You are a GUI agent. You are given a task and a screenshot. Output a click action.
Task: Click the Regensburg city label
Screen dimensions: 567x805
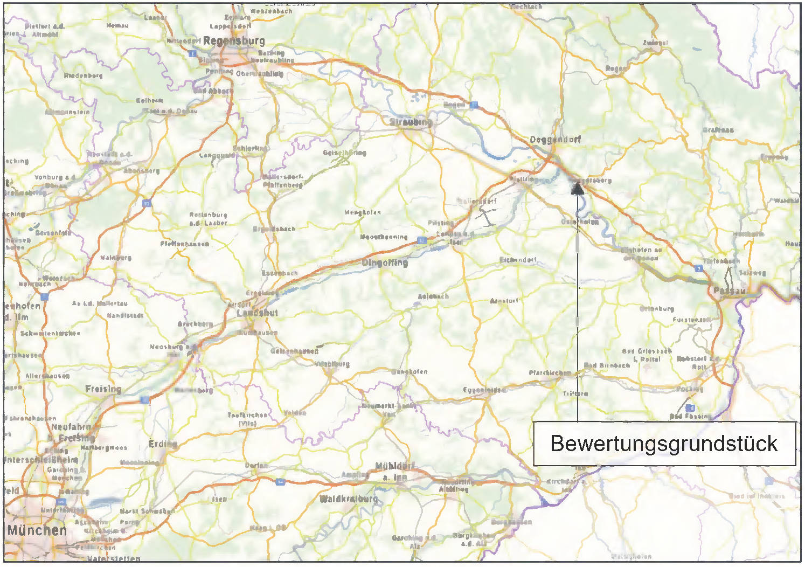pos(234,41)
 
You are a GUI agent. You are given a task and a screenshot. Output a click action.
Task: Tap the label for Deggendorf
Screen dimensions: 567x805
pos(555,140)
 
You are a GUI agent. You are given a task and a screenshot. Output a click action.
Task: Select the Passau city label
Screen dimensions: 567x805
pos(730,291)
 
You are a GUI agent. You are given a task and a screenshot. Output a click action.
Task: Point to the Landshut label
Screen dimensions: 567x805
pos(258,313)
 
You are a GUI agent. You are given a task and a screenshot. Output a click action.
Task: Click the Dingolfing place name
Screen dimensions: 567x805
pos(385,263)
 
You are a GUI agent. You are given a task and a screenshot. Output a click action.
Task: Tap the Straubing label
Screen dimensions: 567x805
pos(411,122)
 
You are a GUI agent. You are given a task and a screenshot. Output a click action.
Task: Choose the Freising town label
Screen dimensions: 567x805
pos(103,389)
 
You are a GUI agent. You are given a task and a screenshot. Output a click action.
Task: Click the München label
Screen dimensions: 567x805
pos(37,530)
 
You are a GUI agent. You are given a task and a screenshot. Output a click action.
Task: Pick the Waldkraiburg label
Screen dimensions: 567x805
pos(349,499)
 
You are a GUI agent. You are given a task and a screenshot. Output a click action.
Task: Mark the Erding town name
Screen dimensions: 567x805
pos(163,444)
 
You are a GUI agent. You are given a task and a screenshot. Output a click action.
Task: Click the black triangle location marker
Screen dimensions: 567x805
pos(577,189)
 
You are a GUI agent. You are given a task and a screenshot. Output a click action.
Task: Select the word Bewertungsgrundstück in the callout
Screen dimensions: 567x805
pos(664,444)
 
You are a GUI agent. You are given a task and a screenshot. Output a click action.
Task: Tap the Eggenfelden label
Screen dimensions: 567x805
pos(484,390)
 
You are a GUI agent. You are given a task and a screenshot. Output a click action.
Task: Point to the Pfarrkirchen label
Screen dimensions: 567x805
pos(550,373)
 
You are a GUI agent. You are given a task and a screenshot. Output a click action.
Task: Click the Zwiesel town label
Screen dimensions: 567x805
pos(655,43)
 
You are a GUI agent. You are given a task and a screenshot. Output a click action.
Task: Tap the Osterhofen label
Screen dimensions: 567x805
pos(580,222)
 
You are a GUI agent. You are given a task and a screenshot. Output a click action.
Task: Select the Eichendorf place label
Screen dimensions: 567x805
pos(518,260)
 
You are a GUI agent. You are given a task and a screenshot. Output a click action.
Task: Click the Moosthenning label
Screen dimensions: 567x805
pos(384,237)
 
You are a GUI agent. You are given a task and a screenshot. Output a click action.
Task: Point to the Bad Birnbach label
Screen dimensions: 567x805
pos(607,365)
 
